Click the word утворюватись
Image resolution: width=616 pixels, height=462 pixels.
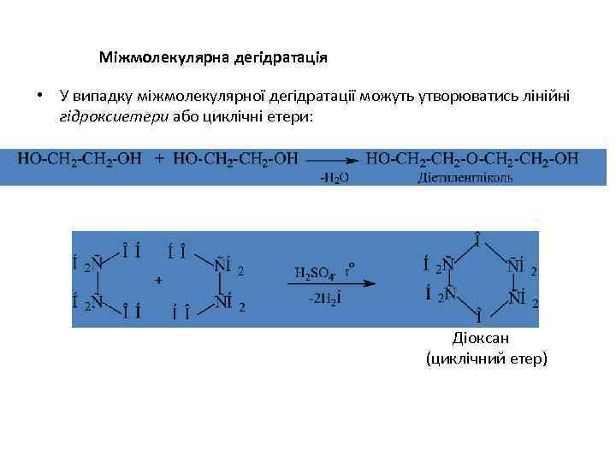click(x=450, y=96)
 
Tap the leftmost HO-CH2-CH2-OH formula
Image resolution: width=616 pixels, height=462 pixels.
click(x=78, y=158)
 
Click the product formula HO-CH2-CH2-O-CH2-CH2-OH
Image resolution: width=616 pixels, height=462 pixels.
click(x=472, y=158)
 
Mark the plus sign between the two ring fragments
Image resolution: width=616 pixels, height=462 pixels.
click(x=158, y=281)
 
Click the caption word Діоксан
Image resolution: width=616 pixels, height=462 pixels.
click(x=485, y=339)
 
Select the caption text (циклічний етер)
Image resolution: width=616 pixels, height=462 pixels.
click(x=485, y=359)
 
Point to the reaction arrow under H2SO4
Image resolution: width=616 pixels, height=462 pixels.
click(x=335, y=284)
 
